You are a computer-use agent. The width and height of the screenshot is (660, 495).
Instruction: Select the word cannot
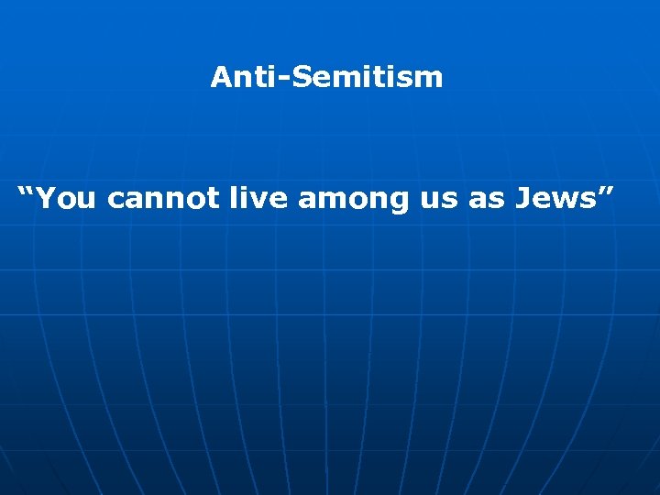coord(162,197)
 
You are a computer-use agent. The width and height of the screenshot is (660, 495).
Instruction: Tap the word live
coord(260,196)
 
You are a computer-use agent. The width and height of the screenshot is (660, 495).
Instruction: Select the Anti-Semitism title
coord(326,77)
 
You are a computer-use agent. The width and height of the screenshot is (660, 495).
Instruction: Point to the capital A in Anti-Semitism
coord(220,77)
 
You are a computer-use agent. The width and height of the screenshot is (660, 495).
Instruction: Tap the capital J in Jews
coord(522,196)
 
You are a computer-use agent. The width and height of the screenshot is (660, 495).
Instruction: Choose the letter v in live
coord(265,198)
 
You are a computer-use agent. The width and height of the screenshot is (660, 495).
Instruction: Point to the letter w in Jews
coord(565,198)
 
